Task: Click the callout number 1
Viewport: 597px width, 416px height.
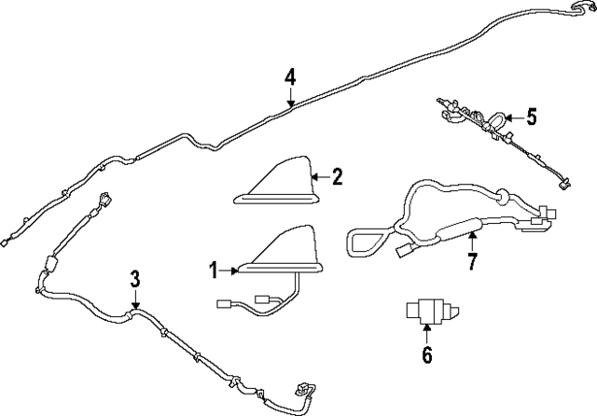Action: click(213, 270)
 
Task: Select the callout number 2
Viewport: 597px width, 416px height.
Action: click(336, 176)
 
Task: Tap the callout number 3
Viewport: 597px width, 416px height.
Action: click(135, 279)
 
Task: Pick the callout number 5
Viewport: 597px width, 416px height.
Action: click(531, 117)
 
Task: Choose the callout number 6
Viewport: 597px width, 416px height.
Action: click(426, 354)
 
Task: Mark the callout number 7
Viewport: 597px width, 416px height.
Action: click(472, 262)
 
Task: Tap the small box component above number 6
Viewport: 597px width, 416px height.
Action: click(426, 312)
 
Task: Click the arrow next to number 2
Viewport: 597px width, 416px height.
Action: click(318, 176)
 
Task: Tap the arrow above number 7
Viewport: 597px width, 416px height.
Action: click(472, 241)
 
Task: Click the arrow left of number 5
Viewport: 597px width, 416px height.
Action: click(512, 118)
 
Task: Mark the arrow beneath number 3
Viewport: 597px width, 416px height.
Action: click(135, 300)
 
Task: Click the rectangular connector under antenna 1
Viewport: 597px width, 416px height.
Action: click(229, 303)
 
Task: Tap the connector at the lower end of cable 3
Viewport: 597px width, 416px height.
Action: click(303, 390)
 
